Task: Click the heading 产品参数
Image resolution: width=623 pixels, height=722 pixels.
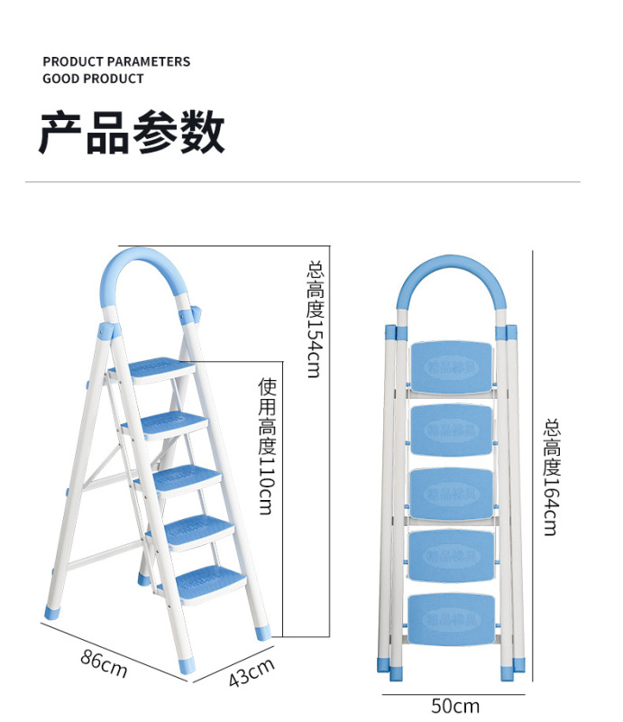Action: tap(131, 134)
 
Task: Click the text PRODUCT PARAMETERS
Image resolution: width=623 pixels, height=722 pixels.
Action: tap(116, 61)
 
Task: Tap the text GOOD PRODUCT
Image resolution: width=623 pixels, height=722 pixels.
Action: tap(93, 79)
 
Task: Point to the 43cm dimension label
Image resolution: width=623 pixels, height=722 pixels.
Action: tap(250, 672)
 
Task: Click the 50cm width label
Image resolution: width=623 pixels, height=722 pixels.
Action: tap(454, 705)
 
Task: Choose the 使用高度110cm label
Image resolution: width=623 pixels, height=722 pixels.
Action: tap(266, 446)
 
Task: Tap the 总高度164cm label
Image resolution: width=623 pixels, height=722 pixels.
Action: tap(551, 476)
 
